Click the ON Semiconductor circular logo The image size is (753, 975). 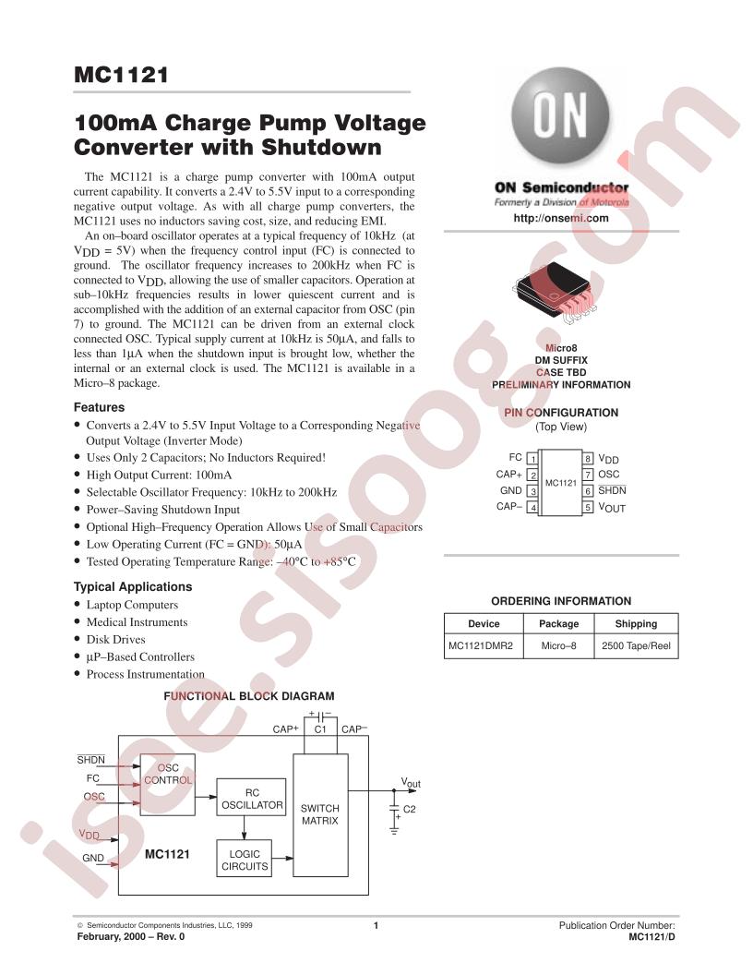tap(560, 116)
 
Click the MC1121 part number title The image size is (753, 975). tap(121, 75)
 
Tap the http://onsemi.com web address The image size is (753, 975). tap(561, 218)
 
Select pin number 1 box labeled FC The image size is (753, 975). tap(532, 459)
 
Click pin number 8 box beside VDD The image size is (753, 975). tap(588, 459)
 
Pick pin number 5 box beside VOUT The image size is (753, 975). tap(588, 508)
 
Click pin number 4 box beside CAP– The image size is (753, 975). tap(532, 508)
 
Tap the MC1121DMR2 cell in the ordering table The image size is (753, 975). tap(481, 645)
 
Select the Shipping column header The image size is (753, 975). tap(636, 623)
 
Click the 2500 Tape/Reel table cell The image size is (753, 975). tap(636, 645)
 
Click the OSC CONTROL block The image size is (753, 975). tap(168, 785)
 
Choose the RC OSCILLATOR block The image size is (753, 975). tap(252, 799)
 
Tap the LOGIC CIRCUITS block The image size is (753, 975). tap(245, 859)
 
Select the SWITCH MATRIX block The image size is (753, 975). tap(320, 815)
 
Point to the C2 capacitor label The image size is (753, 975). tap(410, 809)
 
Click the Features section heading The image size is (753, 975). tap(99, 407)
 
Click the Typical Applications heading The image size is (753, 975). tap(133, 586)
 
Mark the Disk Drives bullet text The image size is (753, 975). tap(115, 639)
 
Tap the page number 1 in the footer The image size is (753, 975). tap(376, 925)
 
